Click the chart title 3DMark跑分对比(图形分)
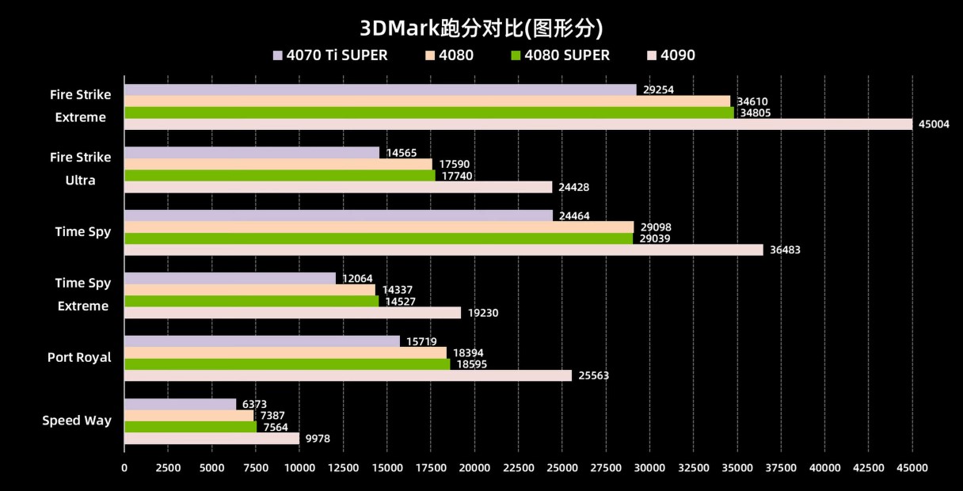coord(481,29)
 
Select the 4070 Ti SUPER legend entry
coord(330,55)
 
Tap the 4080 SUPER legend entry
coord(560,55)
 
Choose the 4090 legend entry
coord(671,55)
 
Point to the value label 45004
coord(934,124)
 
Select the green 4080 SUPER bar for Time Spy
coord(379,238)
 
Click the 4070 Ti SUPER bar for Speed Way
coord(180,404)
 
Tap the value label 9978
coord(318,439)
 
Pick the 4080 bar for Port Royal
coord(285,352)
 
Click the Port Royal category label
coord(79,357)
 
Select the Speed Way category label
coord(77,421)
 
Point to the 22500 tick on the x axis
coord(518,468)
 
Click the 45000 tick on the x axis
coord(912,468)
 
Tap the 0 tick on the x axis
coord(124,468)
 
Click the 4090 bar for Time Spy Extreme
coord(292,313)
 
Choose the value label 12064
coord(357,279)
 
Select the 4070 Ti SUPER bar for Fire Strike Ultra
coord(252,152)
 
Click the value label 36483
coord(785,250)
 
